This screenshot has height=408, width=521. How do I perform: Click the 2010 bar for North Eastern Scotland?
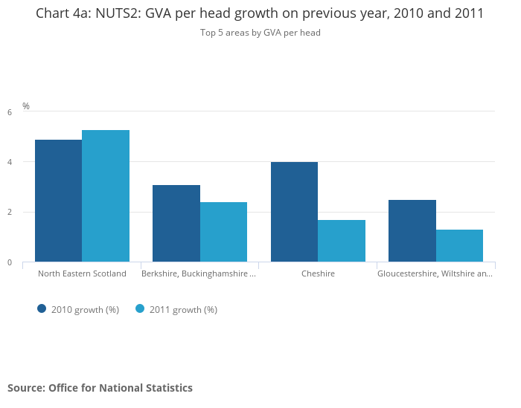(x=58, y=201)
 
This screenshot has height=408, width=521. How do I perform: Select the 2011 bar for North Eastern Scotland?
(x=106, y=196)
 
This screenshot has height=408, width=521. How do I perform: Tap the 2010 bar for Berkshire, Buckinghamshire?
(x=176, y=223)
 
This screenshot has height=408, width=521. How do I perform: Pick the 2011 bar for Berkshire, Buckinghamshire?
(x=223, y=232)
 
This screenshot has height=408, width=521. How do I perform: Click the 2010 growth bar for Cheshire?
(x=294, y=212)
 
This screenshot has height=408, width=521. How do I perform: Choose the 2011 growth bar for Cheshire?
(x=342, y=241)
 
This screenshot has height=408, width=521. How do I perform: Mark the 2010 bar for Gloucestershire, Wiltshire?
(x=412, y=230)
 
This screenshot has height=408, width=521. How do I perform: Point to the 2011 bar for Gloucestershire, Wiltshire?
(x=459, y=246)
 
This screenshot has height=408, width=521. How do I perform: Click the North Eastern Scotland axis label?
(x=82, y=273)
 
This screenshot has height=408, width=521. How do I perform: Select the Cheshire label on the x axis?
(x=318, y=273)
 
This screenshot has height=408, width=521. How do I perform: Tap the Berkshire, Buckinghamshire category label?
(x=199, y=273)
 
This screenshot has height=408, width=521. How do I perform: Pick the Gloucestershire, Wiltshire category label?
(x=435, y=273)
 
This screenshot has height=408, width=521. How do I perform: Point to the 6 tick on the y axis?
(x=10, y=112)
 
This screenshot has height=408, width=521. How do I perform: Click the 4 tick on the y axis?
(x=10, y=162)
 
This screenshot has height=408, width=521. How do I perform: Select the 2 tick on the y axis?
(x=10, y=213)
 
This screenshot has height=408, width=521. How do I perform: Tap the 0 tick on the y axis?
(x=10, y=262)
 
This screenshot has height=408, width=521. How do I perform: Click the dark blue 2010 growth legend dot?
(x=42, y=309)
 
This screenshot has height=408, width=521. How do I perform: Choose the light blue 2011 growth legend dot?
(x=140, y=309)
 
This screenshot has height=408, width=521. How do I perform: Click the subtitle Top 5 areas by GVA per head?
(x=260, y=33)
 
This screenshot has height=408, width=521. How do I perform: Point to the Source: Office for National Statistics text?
(x=100, y=388)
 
